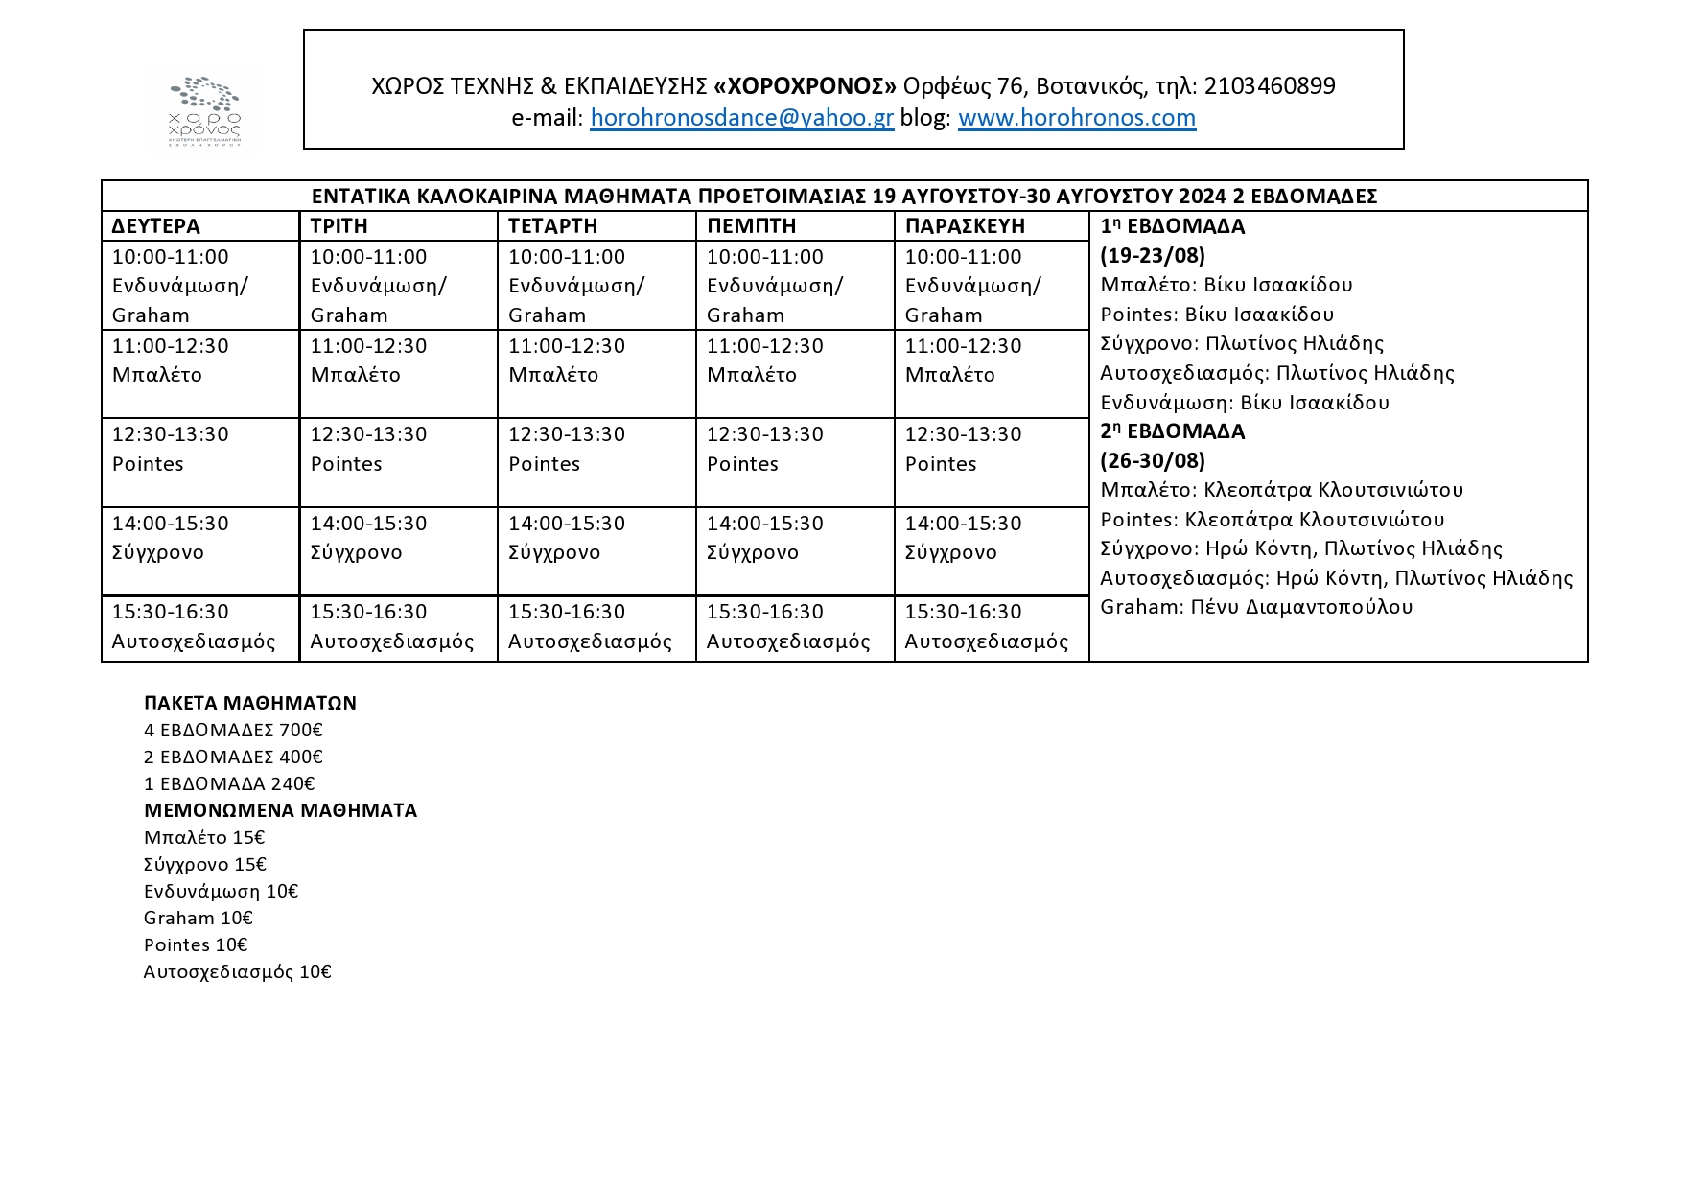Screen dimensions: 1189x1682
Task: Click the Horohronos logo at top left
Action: pyautogui.click(x=204, y=110)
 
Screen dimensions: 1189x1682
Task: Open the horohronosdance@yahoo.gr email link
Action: pyautogui.click(x=741, y=118)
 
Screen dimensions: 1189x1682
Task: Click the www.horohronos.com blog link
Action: pyautogui.click(x=1076, y=118)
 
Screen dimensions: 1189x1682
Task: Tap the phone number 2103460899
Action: pyautogui.click(x=1269, y=86)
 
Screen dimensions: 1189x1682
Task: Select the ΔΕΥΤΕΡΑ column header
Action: pyautogui.click(x=156, y=226)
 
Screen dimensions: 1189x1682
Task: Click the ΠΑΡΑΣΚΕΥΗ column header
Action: pyautogui.click(x=965, y=226)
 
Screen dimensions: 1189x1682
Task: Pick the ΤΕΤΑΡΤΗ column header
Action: pyautogui.click(x=553, y=226)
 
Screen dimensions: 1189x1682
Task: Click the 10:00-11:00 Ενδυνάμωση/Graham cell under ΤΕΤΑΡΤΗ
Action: pyautogui.click(x=596, y=285)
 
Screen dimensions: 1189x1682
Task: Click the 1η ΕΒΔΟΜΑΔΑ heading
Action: pyautogui.click(x=1172, y=227)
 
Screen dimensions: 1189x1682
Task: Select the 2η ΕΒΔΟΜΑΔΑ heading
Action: pyautogui.click(x=1172, y=431)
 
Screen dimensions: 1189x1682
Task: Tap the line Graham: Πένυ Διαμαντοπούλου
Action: pyautogui.click(x=1256, y=607)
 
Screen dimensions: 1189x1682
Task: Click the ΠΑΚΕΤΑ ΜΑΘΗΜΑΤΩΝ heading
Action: pyautogui.click(x=250, y=703)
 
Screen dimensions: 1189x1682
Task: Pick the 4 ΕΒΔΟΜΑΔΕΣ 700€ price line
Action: pyautogui.click(x=233, y=730)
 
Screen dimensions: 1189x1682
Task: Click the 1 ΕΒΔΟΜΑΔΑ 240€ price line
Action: pyautogui.click(x=229, y=783)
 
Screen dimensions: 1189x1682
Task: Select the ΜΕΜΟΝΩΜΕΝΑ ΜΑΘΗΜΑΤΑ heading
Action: pyautogui.click(x=280, y=810)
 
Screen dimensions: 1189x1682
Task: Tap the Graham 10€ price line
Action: pyautogui.click(x=199, y=918)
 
